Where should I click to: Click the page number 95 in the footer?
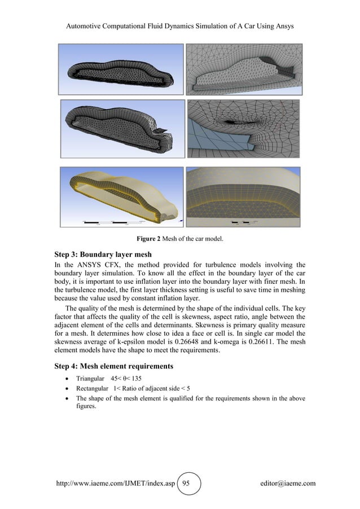190,483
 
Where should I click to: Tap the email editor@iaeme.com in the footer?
285,483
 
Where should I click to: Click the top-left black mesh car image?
122,69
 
